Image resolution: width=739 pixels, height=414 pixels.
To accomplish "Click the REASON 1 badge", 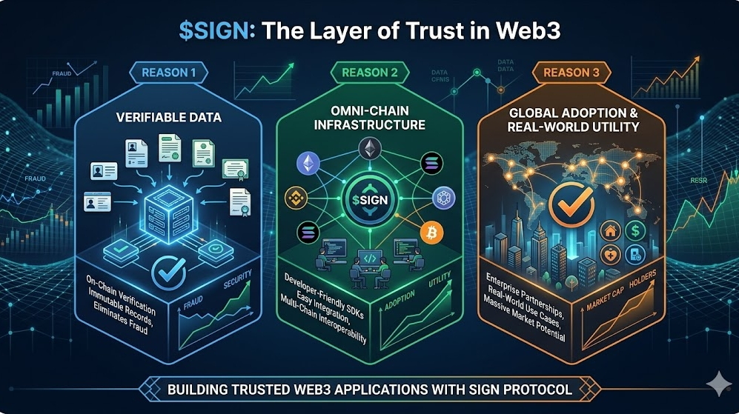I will click(169, 73).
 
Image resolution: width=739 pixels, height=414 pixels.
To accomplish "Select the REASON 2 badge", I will click(368, 73).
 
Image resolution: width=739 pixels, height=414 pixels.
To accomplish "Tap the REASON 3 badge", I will click(570, 73).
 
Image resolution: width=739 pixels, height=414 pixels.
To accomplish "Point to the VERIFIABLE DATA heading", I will click(170, 118).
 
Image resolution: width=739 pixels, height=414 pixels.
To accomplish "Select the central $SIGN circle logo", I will click(368, 200).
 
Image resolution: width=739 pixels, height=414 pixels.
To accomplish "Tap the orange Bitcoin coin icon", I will click(429, 234).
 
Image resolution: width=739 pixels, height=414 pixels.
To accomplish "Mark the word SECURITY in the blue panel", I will click(239, 284).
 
